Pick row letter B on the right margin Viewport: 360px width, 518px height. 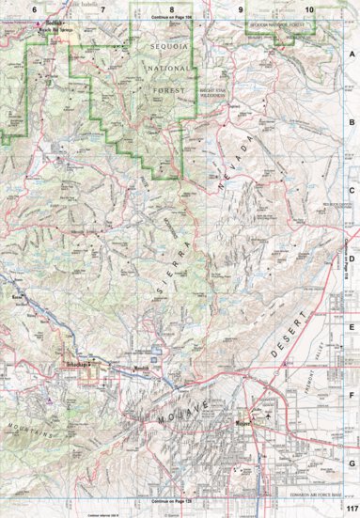[352, 122]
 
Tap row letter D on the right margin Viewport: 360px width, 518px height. [352, 259]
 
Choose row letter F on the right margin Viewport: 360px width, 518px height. [352, 395]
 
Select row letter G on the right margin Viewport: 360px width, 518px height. [352, 463]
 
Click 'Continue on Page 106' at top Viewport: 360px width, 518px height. [171, 18]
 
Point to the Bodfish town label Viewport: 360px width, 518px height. [57, 22]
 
